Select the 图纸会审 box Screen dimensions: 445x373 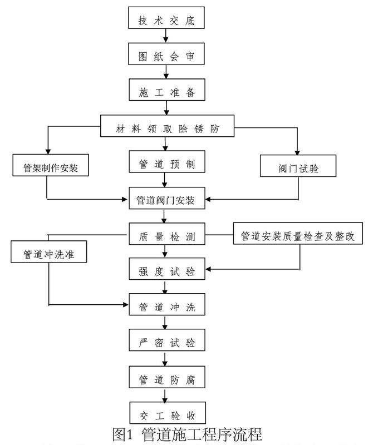166,56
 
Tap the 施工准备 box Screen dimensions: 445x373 166,92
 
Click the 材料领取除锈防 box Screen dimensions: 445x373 167,128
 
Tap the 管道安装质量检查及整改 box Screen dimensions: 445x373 301,236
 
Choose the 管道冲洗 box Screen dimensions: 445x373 166,306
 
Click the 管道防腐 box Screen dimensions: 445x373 166,379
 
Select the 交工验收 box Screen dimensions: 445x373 166,415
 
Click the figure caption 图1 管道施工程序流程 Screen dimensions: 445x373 187,434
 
